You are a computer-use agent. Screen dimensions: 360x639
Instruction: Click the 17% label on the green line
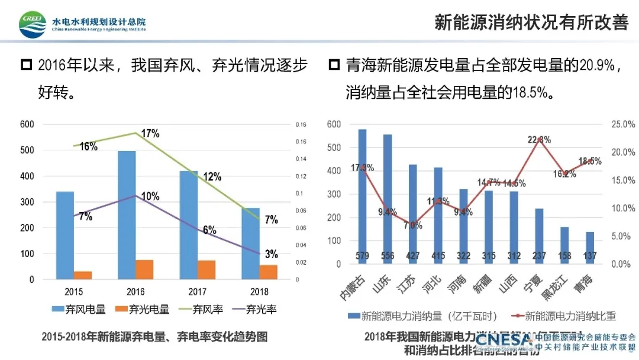tap(151, 134)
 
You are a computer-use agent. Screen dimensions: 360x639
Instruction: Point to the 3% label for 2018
tap(272, 254)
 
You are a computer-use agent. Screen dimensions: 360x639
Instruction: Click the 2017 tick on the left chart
tap(198, 291)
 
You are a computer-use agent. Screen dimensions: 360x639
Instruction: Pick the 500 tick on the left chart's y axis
tap(27, 150)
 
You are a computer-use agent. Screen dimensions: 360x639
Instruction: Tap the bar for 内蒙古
tap(362, 195)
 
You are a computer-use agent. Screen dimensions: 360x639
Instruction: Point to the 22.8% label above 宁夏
tap(539, 140)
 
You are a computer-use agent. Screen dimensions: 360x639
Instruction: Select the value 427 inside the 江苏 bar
tap(413, 256)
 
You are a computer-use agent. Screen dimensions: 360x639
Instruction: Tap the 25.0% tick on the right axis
tap(622, 124)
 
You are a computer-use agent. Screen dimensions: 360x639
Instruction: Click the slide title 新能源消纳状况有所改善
tap(531, 22)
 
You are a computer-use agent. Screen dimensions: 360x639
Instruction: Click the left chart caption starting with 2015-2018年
tap(154, 336)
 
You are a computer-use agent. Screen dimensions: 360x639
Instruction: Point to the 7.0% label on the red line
tap(412, 225)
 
